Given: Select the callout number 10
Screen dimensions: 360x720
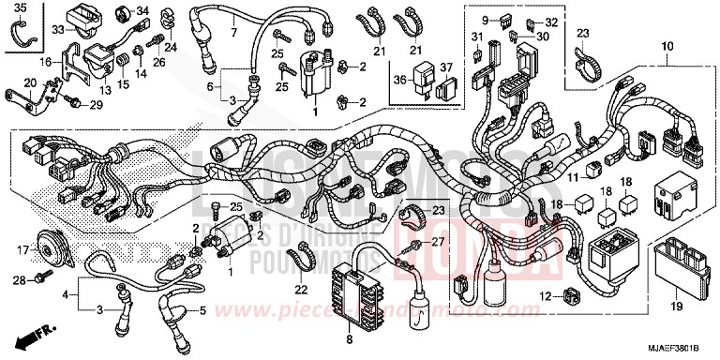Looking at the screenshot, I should pos(667,46).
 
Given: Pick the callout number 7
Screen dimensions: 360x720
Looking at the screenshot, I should pos(234,33).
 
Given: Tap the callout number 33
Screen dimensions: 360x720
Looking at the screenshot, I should pos(57,30).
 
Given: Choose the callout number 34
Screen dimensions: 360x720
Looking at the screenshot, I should pos(142,11).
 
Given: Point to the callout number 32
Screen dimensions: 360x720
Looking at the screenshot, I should pos(551,22).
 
